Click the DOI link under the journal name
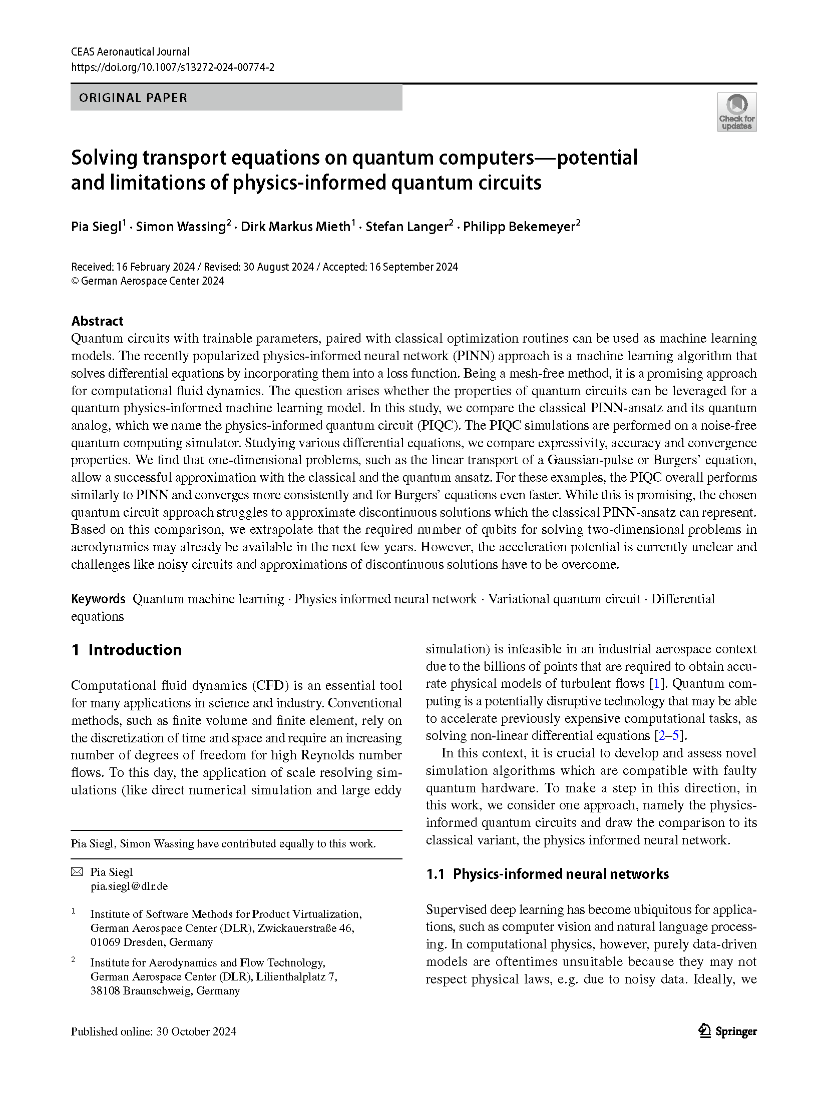(x=172, y=68)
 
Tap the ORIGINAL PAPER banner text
(x=133, y=98)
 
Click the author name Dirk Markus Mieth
(x=295, y=227)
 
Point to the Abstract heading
(x=97, y=321)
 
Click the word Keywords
(x=98, y=599)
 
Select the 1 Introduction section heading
(x=127, y=650)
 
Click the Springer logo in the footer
(x=727, y=1031)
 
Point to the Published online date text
(x=153, y=1031)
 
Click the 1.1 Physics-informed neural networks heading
(x=547, y=874)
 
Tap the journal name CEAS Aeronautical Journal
(x=130, y=52)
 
